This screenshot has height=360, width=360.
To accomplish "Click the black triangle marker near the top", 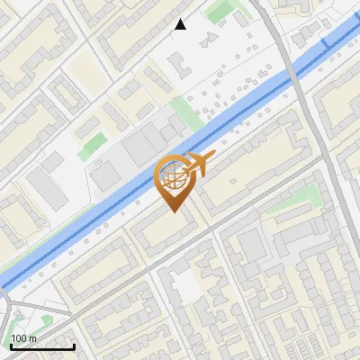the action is point(180,24).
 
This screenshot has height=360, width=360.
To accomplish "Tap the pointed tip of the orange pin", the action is point(173,210).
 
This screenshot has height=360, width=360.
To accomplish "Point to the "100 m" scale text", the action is point(24,338).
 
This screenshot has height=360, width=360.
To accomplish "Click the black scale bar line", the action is point(42,346).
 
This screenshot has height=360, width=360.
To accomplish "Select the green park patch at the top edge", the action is point(220,11).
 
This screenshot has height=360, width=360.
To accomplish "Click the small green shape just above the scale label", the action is point(47,320).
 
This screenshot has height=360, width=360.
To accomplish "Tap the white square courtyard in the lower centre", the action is point(186,286).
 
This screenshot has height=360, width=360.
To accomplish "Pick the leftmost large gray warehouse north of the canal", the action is point(44,185).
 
